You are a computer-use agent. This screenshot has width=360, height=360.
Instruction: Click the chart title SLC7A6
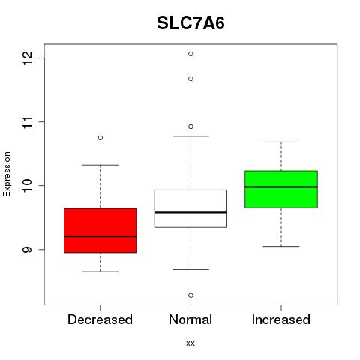click(x=190, y=23)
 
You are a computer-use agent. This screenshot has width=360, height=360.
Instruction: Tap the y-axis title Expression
click(x=7, y=174)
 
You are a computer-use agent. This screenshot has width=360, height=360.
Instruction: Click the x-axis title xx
click(x=190, y=343)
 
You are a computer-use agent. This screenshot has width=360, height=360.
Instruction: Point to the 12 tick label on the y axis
click(x=27, y=58)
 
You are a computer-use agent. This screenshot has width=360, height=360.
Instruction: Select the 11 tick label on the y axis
click(x=27, y=122)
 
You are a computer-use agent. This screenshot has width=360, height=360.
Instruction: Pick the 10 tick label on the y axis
click(x=27, y=185)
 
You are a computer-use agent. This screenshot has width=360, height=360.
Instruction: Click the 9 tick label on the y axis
click(x=27, y=249)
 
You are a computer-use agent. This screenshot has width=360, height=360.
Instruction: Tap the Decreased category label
click(x=100, y=319)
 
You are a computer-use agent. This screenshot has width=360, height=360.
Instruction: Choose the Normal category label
click(x=190, y=319)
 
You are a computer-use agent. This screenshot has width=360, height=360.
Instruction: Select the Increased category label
click(x=281, y=319)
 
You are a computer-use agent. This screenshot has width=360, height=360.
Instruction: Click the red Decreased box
click(x=100, y=230)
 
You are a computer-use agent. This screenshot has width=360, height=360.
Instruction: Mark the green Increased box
click(x=281, y=189)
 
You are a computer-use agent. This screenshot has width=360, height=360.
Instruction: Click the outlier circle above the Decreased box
click(x=100, y=138)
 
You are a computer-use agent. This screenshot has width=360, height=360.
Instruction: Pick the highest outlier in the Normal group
click(x=190, y=54)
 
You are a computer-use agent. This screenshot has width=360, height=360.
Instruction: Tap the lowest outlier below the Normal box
click(x=190, y=295)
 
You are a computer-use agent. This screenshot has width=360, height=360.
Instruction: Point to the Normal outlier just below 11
click(x=190, y=127)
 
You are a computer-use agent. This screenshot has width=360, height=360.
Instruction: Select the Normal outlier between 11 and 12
click(x=190, y=79)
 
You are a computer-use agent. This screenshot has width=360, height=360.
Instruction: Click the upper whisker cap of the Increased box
click(x=281, y=142)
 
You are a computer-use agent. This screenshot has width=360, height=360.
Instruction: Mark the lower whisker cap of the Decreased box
click(x=100, y=271)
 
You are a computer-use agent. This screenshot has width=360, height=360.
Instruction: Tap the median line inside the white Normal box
click(x=190, y=212)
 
